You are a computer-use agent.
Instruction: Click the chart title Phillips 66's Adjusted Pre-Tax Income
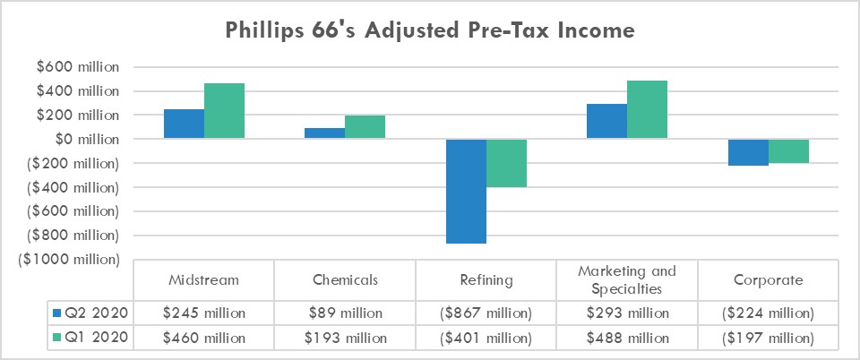click(429, 31)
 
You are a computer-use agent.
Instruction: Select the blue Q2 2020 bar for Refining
click(466, 191)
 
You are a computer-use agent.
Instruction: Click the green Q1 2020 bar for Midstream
click(224, 111)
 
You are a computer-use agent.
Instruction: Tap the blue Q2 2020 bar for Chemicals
click(324, 133)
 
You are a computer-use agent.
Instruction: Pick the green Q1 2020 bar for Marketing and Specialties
click(647, 109)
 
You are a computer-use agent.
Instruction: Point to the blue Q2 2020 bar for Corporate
click(748, 152)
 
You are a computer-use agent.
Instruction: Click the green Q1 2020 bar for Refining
click(506, 163)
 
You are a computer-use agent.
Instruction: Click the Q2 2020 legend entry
click(90, 313)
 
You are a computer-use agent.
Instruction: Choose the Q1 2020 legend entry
click(90, 338)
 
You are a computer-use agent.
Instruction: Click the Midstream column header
click(203, 280)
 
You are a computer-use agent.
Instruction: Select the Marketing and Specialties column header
click(627, 280)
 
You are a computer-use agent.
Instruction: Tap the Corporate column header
click(768, 280)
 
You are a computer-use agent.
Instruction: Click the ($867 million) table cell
click(486, 313)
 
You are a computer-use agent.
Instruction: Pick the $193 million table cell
click(345, 338)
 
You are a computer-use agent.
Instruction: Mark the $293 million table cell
click(627, 313)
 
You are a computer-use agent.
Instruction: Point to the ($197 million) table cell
click(768, 338)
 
